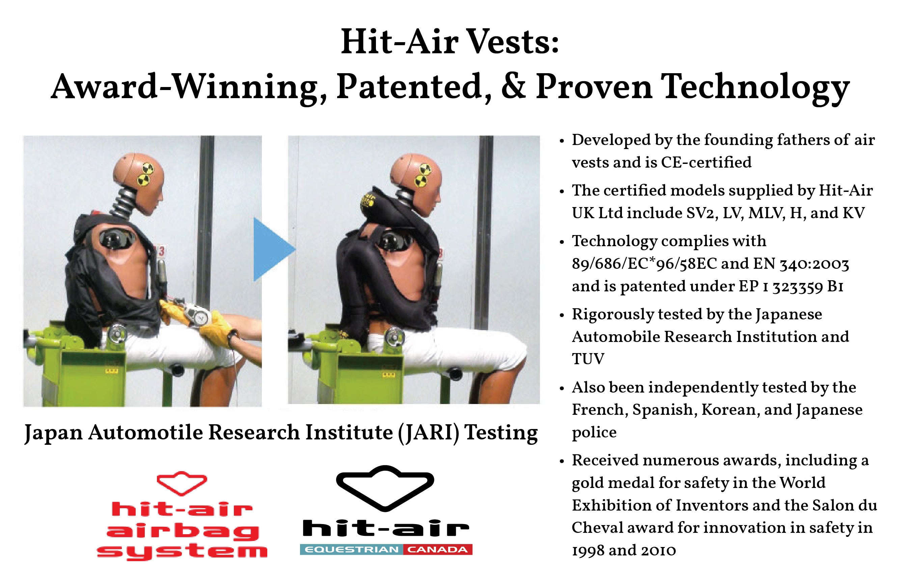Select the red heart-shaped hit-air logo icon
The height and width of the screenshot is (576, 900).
point(182,483)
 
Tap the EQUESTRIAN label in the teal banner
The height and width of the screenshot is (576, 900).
point(352,549)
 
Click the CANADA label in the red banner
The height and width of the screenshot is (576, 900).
point(437,549)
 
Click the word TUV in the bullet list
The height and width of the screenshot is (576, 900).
point(588,359)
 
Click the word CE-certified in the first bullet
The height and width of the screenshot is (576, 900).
point(706,163)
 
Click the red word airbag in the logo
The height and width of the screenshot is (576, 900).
point(183,531)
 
